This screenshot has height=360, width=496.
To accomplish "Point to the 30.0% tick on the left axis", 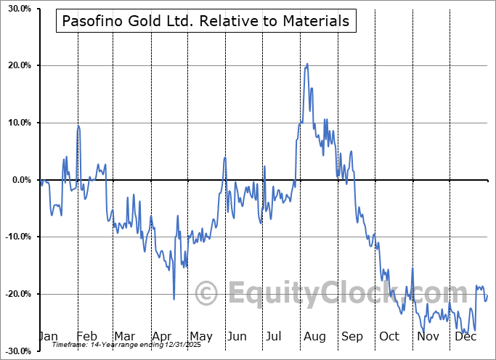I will tap(19, 9).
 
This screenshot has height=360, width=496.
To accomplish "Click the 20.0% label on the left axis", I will tap(19, 66).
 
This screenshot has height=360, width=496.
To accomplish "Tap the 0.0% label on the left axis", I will tap(21, 180).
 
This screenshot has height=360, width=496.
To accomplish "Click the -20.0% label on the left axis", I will tap(18, 294).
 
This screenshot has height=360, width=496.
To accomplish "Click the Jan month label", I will tap(48, 336).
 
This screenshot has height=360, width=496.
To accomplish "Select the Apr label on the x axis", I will tap(161, 336).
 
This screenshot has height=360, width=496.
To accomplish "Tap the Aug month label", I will tap(314, 336).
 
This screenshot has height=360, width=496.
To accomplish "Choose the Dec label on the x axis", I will tap(465, 336).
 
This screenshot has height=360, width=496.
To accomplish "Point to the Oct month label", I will tap(389, 336).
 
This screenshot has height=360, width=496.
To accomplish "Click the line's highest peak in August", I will tap(307, 64).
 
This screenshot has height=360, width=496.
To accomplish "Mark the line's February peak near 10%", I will tap(78, 126).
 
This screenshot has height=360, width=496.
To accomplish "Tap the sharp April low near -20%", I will tap(174, 298).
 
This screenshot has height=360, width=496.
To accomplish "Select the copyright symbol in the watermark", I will tap(207, 294).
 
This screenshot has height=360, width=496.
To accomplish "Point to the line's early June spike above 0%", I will tap(225, 157).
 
